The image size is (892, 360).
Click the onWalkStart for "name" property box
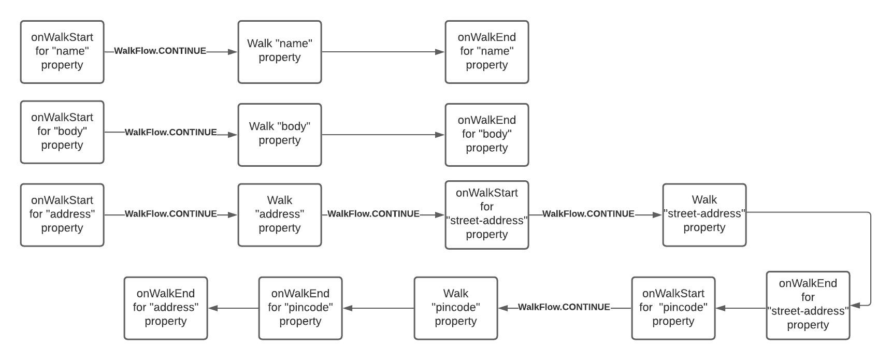coord(62,52)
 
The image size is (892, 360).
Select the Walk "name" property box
coord(280,52)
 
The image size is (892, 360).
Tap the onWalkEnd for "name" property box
coord(487,52)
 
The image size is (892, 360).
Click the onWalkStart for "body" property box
coord(62,132)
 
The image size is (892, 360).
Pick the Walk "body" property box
coord(280,135)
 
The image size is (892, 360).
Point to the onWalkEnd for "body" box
coord(487,135)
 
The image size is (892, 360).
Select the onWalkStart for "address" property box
coord(62,215)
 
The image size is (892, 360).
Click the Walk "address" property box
coord(280,215)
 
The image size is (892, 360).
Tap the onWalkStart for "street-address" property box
coord(487,215)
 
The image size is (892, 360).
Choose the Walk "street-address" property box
coord(704,215)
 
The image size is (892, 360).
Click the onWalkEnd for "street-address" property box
coord(808,306)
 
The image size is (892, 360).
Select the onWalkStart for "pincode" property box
coord(673,308)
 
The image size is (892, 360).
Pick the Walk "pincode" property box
coord(456,308)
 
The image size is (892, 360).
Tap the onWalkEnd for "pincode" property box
coord(300,308)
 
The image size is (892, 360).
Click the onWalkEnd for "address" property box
coord(166,308)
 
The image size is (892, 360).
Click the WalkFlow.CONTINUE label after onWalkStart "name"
coord(160,51)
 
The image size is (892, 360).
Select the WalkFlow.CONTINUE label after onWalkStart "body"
coord(171,132)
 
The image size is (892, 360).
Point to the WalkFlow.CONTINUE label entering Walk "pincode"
coord(564,307)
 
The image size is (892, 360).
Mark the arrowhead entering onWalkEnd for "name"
coord(440,52)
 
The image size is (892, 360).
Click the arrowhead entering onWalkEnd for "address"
coord(213,308)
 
